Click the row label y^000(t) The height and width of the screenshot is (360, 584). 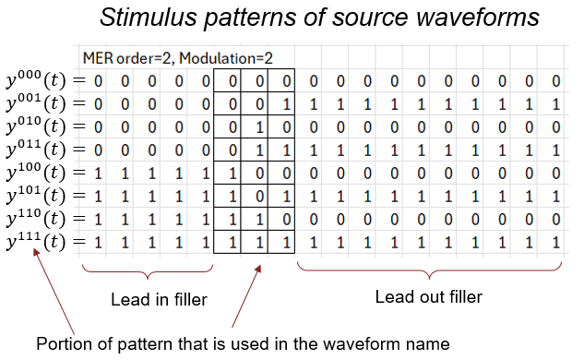36,79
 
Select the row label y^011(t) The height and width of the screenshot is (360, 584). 36,149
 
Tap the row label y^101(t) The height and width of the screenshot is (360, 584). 36,196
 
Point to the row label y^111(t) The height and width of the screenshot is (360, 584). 36,242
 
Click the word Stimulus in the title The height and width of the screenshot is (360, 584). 148,17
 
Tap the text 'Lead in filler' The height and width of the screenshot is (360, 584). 159,300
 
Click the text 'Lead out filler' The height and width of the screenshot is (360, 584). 429,297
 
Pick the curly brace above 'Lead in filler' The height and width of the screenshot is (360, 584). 148,271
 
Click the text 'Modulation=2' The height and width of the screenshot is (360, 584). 226,58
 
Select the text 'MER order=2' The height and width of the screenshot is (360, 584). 128,58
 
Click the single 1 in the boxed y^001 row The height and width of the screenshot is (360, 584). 286,104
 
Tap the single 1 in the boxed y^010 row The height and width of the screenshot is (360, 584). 259,127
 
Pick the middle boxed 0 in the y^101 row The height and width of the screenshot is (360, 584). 259,196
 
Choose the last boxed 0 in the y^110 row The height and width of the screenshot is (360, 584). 286,219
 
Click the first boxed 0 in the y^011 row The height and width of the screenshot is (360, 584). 232,150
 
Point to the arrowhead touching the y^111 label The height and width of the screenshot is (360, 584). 36,252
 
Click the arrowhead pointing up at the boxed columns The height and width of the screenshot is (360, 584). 257,269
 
